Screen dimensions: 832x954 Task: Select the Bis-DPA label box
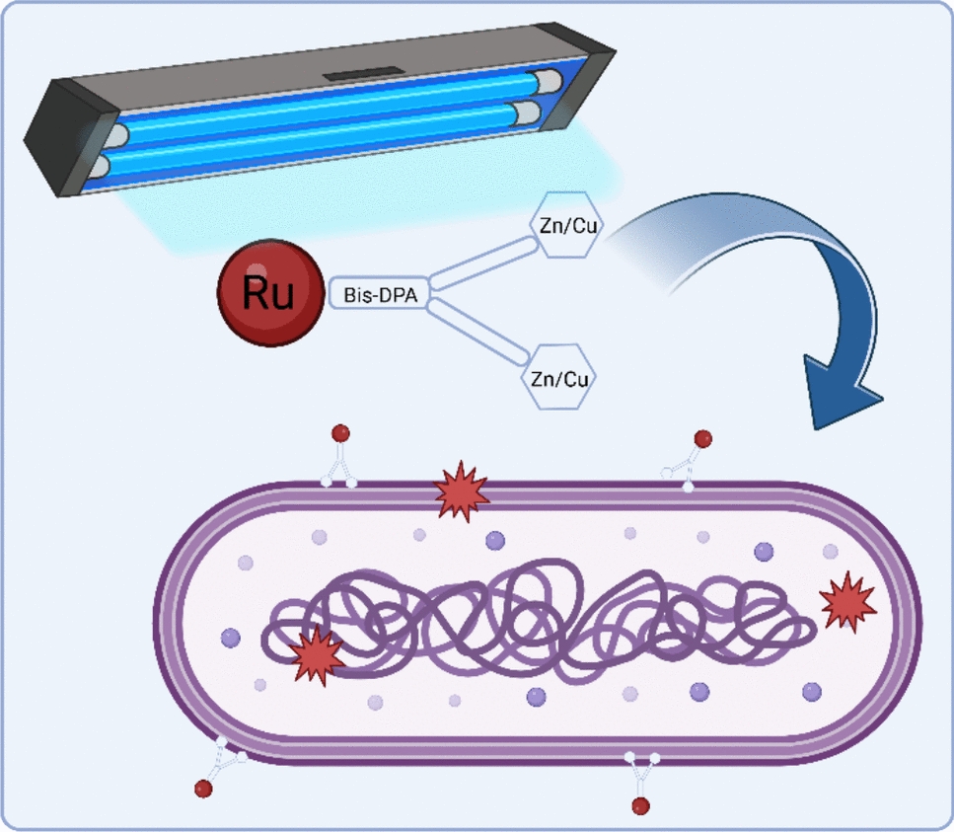point(379,294)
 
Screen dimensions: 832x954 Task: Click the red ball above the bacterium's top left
point(340,433)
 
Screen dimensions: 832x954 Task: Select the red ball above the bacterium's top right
point(702,438)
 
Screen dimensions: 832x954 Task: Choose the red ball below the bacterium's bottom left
point(204,788)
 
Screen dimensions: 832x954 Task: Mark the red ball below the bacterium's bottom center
point(640,806)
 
